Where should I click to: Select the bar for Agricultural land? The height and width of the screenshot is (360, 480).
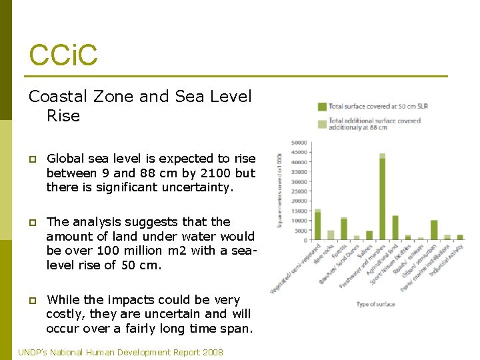pyautogui.click(x=395, y=227)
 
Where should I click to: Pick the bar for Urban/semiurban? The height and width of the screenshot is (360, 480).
pyautogui.click(x=434, y=229)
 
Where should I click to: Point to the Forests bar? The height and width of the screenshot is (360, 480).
pyautogui.click(x=344, y=229)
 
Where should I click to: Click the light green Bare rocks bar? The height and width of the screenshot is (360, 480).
pyautogui.click(x=331, y=235)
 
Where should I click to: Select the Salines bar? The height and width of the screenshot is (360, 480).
pyautogui.click(x=369, y=235)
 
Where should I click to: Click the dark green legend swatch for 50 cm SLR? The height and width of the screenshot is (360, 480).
pyautogui.click(x=321, y=106)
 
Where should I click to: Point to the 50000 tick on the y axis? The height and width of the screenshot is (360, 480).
pyautogui.click(x=299, y=143)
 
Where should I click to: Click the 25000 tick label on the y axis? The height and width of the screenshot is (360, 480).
pyautogui.click(x=299, y=191)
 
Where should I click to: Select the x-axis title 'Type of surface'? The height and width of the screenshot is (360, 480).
pyautogui.click(x=375, y=305)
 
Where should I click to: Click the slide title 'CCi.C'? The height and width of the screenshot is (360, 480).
pyautogui.click(x=63, y=55)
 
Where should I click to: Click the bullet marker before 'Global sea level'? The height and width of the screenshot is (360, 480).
pyautogui.click(x=33, y=159)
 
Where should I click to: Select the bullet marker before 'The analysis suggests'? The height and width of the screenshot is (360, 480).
pyautogui.click(x=33, y=223)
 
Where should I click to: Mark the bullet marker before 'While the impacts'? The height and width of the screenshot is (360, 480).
pyautogui.click(x=33, y=300)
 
